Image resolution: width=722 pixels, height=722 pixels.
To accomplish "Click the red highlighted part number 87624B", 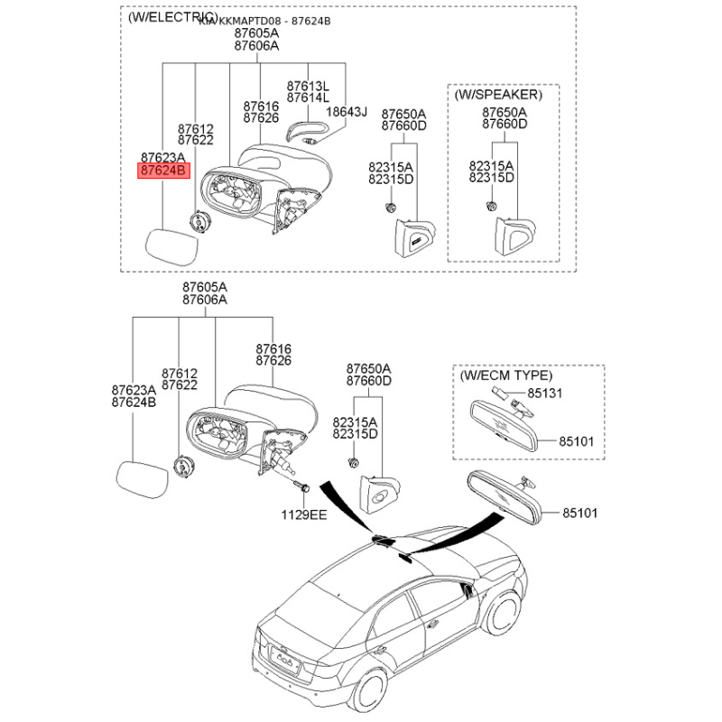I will [163, 170].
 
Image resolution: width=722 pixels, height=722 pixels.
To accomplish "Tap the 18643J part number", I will [347, 112].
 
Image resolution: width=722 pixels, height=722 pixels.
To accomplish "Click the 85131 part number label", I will [545, 393].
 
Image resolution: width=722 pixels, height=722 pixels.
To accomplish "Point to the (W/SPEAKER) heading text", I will [498, 94].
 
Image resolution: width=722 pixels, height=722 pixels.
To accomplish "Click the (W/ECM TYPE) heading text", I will [506, 375].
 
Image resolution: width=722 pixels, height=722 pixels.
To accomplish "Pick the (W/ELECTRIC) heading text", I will [172, 17].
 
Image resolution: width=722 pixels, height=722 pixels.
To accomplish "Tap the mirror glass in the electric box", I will [172, 246].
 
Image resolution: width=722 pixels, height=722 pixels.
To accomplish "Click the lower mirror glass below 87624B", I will [143, 479].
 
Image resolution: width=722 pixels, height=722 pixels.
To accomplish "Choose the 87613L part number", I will [308, 84].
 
